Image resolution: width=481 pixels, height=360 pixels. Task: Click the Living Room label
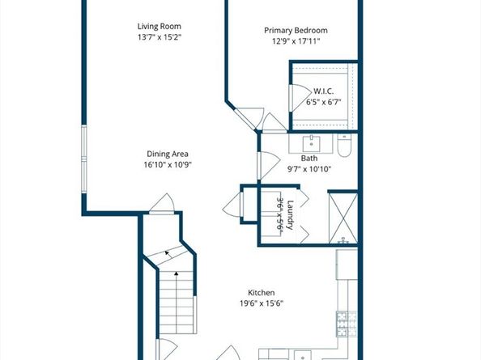point(160,27)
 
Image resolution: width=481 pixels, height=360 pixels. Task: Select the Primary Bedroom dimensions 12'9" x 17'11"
point(296,41)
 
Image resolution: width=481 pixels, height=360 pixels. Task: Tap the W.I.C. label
point(323,91)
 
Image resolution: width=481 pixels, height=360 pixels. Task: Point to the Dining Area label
point(168,154)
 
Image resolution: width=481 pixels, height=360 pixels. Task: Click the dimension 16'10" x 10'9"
point(168,165)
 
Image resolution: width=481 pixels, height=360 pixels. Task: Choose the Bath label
point(309,159)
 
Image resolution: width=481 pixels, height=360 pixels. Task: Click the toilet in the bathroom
point(344,146)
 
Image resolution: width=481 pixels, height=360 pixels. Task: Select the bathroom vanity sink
point(312,144)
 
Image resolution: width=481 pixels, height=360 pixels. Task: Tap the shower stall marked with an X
point(343,218)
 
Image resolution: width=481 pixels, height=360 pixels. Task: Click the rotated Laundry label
point(290,214)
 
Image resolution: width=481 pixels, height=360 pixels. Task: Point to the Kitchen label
point(261,293)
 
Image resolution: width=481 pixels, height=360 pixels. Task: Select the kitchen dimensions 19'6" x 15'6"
point(262,303)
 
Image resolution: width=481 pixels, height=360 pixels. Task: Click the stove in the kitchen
point(347,324)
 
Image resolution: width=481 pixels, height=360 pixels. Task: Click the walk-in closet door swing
point(300,98)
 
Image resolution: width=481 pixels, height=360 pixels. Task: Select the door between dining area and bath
point(269,166)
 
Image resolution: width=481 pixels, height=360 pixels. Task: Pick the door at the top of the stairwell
point(162,203)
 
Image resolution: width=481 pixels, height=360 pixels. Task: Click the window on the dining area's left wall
point(84,159)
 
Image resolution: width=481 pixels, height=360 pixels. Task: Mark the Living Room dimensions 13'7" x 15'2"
point(160,37)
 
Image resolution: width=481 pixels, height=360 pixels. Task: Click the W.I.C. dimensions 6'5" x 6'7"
point(324,102)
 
